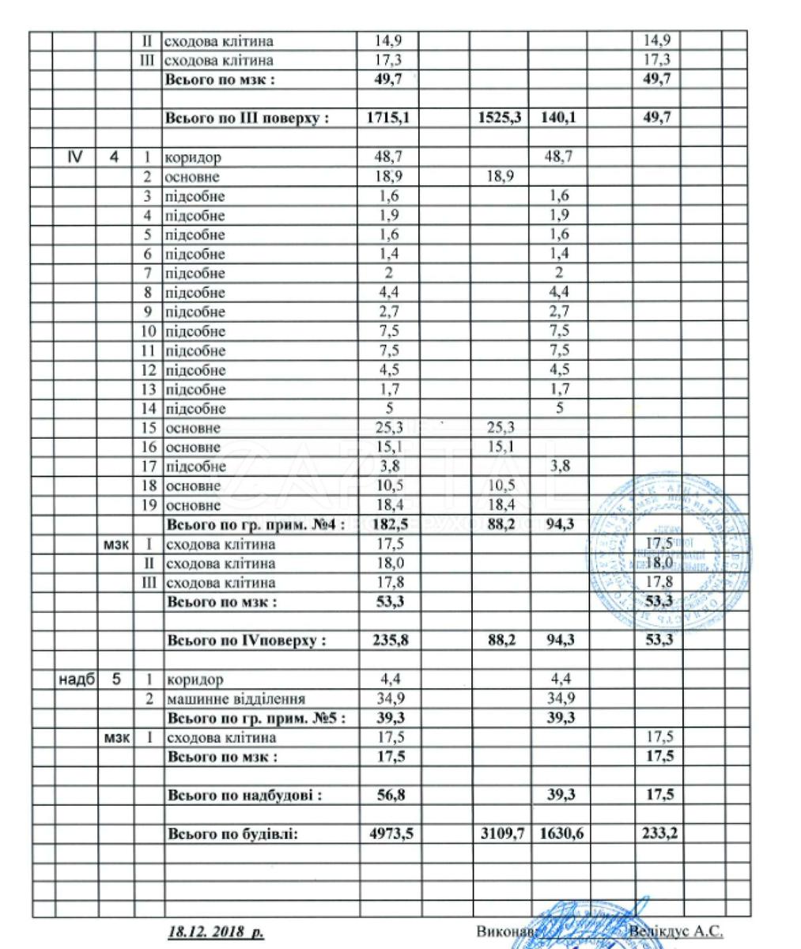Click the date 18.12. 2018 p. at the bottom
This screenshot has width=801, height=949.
click(215, 932)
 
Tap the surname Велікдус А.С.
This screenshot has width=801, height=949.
click(676, 932)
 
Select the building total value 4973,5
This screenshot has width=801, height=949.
click(392, 834)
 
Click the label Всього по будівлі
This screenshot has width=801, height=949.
click(232, 834)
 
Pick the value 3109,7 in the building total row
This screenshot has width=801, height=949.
click(502, 834)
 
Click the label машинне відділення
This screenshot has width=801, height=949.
click(235, 699)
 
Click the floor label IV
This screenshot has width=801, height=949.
click(76, 157)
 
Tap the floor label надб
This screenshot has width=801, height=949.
click(77, 679)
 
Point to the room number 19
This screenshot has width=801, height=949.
click(148, 505)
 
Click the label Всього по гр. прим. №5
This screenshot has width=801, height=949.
click(256, 718)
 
